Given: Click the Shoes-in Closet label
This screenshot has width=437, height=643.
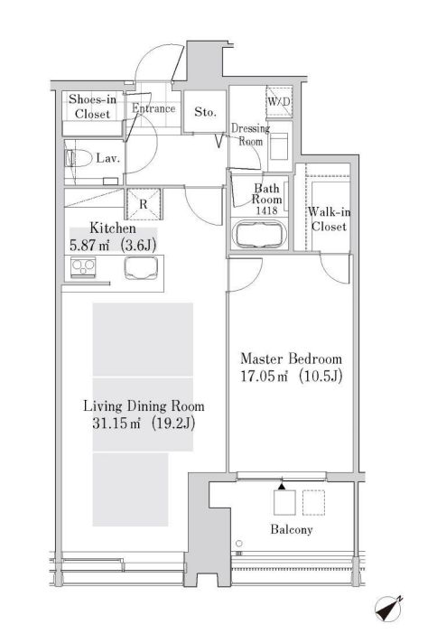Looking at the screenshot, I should click(91, 107).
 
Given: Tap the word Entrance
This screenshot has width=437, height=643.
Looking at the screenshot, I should click(153, 109).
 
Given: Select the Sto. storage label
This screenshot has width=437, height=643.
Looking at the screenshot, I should click(205, 113).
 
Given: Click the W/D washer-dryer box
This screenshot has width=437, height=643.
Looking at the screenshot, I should click(275, 100).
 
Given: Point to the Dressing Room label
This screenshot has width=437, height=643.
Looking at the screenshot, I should click(247, 135).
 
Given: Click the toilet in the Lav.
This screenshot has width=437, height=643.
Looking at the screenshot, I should click(75, 159).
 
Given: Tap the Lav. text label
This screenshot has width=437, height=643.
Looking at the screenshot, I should click(108, 159).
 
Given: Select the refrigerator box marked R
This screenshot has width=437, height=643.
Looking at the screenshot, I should click(144, 204).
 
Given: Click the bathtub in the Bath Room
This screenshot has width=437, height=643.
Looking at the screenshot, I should click(259, 235).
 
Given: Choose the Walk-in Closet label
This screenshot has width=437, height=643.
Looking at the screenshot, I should click(327, 219).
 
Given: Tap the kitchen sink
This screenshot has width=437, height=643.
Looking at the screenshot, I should click(141, 268).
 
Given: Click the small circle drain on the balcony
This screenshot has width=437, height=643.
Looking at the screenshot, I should click(239, 544).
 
